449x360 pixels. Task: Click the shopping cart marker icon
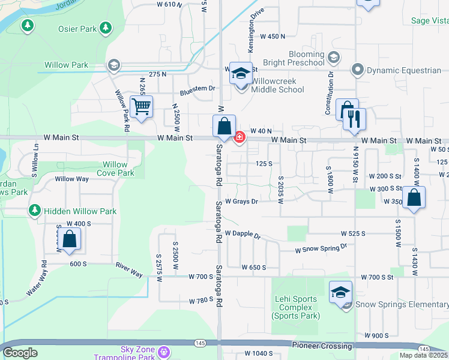coord(141,107)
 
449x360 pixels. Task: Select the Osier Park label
coord(77,28)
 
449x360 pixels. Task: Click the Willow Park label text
coord(66,65)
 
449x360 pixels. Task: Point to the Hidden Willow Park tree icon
coord(35,211)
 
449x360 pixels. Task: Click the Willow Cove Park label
coord(115,169)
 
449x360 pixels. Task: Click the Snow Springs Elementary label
coord(402,304)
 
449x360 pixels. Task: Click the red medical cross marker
coord(240,138)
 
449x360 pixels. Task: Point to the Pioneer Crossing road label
coord(322,346)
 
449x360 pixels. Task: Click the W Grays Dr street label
coord(241,202)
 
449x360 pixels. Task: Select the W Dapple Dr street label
coord(243,234)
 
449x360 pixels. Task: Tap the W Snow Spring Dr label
coord(321,248)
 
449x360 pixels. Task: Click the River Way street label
coord(129,269)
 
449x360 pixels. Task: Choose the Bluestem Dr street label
coord(197,91)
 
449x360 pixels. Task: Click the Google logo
coord(20,352)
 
